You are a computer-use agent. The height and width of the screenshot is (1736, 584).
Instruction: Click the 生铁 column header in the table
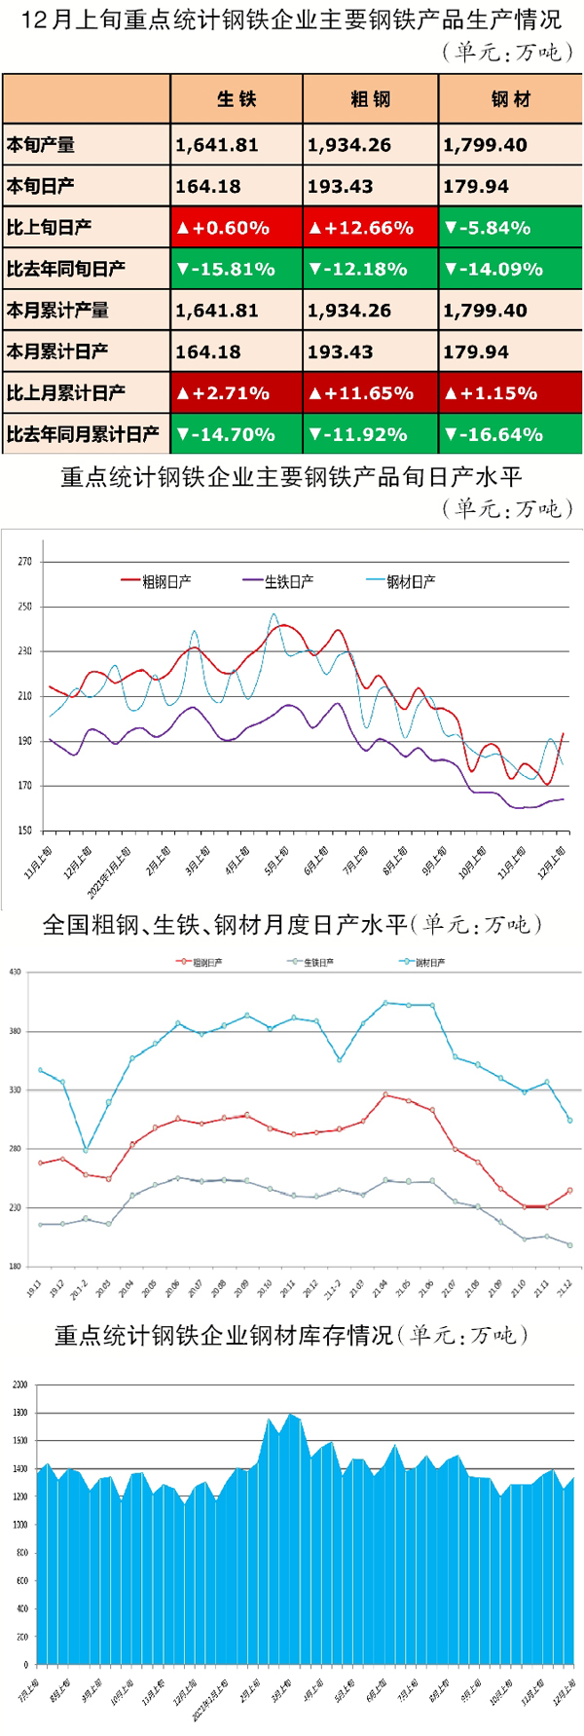(237, 98)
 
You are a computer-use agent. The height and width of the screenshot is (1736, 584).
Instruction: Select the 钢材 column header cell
(510, 98)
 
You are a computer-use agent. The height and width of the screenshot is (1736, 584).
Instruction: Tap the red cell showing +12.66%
(370, 228)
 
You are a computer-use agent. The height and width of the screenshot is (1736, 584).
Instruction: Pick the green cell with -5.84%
(510, 228)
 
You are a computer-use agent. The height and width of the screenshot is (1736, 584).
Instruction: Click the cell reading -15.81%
(236, 269)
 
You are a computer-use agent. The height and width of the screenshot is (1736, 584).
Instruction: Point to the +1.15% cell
(510, 393)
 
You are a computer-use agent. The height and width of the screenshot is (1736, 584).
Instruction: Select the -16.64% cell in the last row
(510, 434)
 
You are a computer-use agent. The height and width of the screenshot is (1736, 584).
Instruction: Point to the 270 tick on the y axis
(24, 562)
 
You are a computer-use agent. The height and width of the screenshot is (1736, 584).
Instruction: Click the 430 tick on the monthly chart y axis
(15, 972)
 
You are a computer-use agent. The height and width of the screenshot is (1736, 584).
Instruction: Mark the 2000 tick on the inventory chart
(19, 1384)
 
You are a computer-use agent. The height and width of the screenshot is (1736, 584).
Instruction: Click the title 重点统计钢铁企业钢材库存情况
(224, 1335)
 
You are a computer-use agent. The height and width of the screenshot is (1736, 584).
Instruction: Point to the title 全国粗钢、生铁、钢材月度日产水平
(224, 924)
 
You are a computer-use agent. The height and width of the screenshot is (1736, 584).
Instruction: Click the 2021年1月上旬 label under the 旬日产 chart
(109, 872)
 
